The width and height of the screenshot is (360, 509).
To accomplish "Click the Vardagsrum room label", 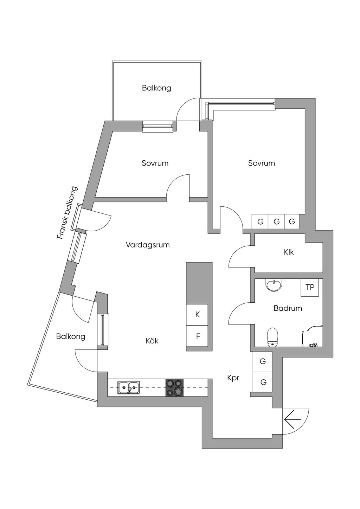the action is (x=148, y=245).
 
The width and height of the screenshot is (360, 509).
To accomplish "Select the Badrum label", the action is (x=288, y=308).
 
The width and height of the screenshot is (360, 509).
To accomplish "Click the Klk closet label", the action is (x=289, y=252).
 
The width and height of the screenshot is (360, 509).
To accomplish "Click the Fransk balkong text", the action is (x=67, y=213).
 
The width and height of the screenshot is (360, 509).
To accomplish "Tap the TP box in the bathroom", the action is (x=310, y=288).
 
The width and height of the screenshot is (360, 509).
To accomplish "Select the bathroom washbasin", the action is (x=274, y=285).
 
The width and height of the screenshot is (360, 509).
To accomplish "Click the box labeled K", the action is (x=197, y=315).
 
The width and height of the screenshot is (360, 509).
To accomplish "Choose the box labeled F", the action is (x=197, y=336).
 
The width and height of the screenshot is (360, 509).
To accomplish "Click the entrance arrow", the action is (x=293, y=419).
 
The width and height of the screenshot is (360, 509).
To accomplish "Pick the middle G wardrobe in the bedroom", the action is (x=276, y=221).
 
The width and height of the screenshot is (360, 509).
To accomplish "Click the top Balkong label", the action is (x=156, y=88).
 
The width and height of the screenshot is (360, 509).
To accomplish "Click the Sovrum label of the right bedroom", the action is (x=261, y=163).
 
